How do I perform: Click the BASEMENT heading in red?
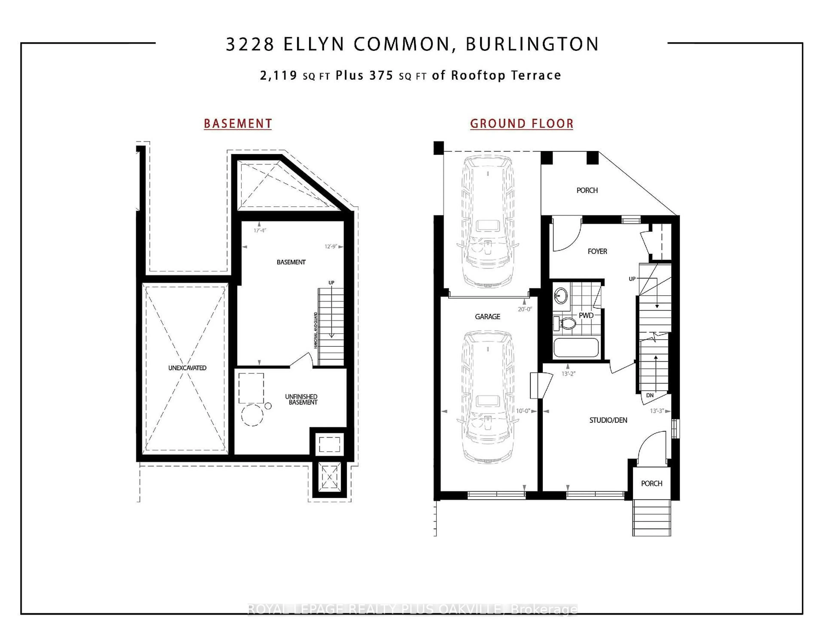pyautogui.click(x=238, y=124)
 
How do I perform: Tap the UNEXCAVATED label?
pyautogui.click(x=187, y=368)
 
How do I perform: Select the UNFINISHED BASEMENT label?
pyautogui.click(x=301, y=399)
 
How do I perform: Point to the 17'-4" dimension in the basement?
pyautogui.click(x=260, y=230)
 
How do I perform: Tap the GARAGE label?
pyautogui.click(x=487, y=317)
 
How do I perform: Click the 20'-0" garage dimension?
pyautogui.click(x=525, y=309)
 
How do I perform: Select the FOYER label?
pyautogui.click(x=597, y=251)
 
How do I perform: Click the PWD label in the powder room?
pyautogui.click(x=586, y=315)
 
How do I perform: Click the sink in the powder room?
pyautogui.click(x=561, y=295)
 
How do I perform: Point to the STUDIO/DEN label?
pyautogui.click(x=608, y=420)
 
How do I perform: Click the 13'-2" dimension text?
pyautogui.click(x=568, y=374)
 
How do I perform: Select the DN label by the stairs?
pyautogui.click(x=650, y=395)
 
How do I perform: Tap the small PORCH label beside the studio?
pyautogui.click(x=652, y=483)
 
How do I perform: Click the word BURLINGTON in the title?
pyautogui.click(x=532, y=44)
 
